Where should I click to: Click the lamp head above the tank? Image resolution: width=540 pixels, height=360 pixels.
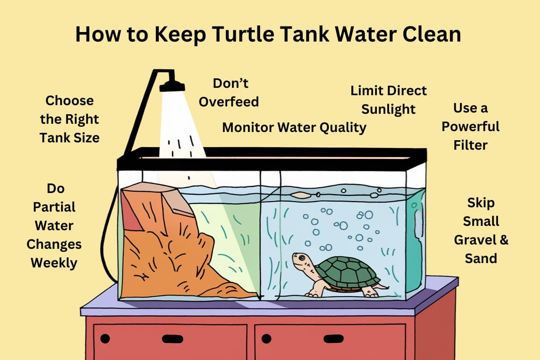pos(172,86)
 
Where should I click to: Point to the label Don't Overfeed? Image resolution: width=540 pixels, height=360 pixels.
pos(229,92)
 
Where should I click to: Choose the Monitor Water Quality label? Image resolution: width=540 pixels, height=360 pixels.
pos(294,127)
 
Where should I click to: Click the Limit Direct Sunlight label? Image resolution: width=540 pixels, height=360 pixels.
pos(389,100)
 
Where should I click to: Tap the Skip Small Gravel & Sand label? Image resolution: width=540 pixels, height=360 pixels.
pos(481,230)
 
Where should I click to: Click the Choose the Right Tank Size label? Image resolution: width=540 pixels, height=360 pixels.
pos(69,119)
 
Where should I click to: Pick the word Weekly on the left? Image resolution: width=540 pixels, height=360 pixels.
pos(54,263)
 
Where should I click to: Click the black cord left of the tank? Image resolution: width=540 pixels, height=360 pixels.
pos(109,242)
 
